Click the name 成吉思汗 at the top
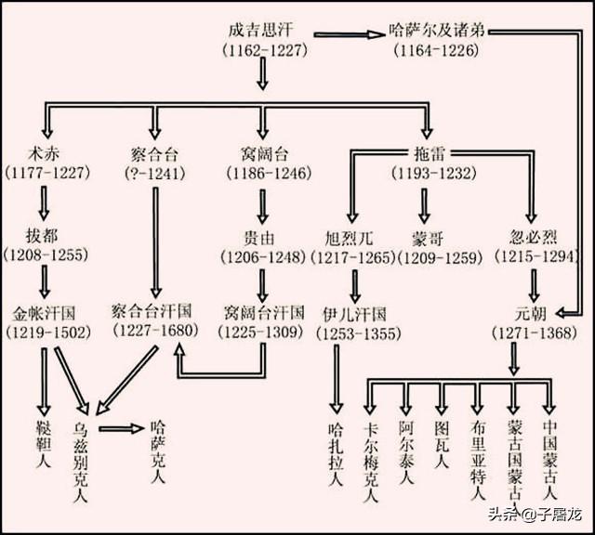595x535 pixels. pyautogui.click(x=262, y=28)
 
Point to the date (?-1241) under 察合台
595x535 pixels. pyautogui.click(x=154, y=172)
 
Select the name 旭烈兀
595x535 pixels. pyautogui.click(x=353, y=232)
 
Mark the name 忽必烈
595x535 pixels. pyautogui.click(x=535, y=232)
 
